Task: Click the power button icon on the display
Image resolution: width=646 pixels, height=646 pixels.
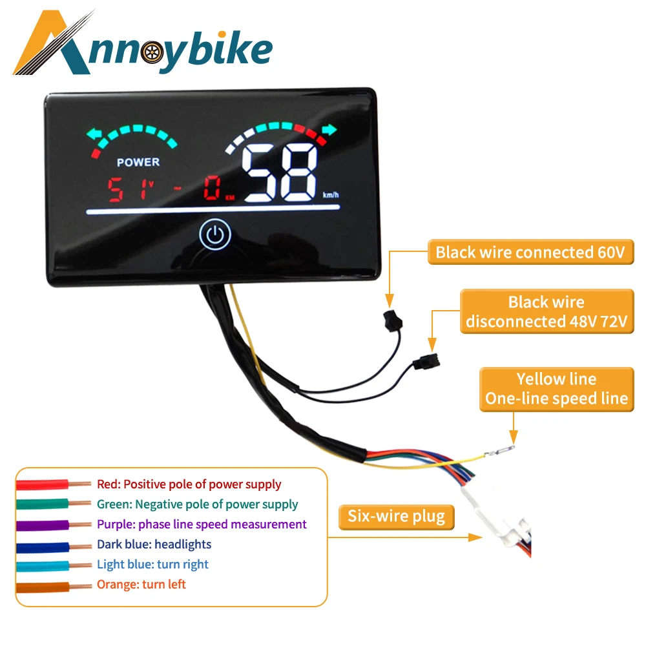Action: point(215,236)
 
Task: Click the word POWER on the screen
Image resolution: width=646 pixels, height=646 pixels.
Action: point(138,161)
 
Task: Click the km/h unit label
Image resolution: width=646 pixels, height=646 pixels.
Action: point(329,194)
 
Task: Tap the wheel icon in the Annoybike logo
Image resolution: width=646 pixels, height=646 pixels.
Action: point(150,52)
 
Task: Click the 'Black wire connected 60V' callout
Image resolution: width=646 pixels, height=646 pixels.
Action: point(530,252)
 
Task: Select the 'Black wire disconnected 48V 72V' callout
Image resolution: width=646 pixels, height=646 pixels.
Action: point(547,311)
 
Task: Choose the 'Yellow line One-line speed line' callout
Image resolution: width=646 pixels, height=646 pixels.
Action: point(556,389)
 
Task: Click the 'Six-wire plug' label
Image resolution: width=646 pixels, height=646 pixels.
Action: point(396,516)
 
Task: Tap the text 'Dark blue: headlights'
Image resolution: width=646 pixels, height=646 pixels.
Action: point(154,544)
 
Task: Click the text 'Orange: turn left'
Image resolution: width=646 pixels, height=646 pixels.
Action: point(141,584)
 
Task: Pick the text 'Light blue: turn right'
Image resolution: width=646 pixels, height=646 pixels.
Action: point(152,564)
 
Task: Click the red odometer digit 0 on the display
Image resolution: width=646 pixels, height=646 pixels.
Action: point(212,188)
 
